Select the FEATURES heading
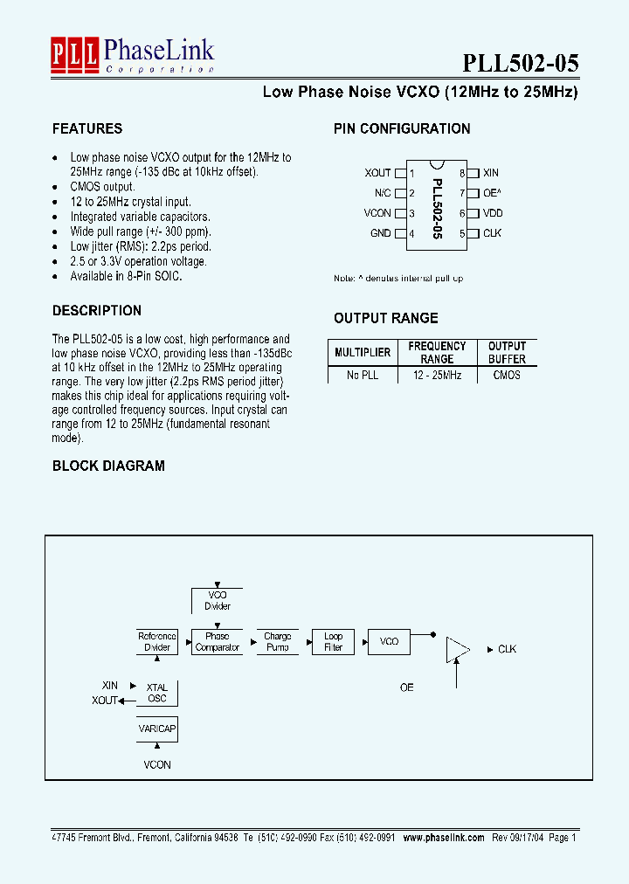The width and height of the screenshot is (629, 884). (x=87, y=128)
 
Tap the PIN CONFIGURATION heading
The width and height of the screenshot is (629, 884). (x=402, y=128)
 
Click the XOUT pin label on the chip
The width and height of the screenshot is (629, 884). (x=377, y=173)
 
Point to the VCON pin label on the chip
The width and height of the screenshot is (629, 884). (x=377, y=213)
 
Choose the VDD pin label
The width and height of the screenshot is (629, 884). (x=493, y=213)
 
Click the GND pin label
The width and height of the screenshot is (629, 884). (x=380, y=233)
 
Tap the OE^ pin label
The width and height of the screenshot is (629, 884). (x=492, y=193)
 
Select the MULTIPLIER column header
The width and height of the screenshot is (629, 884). (x=363, y=352)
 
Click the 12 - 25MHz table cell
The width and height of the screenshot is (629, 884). (x=437, y=375)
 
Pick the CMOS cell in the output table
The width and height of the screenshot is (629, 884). (x=507, y=375)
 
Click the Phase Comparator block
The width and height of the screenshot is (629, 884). (x=218, y=642)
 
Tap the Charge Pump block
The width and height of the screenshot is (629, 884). (x=278, y=642)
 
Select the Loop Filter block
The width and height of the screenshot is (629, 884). (x=334, y=642)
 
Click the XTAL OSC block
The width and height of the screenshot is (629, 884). (x=157, y=693)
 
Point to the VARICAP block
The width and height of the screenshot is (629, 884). (x=157, y=728)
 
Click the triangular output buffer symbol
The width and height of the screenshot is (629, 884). (x=457, y=649)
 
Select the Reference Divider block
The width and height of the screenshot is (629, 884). (x=157, y=642)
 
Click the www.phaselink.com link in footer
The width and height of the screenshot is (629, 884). (x=444, y=837)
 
